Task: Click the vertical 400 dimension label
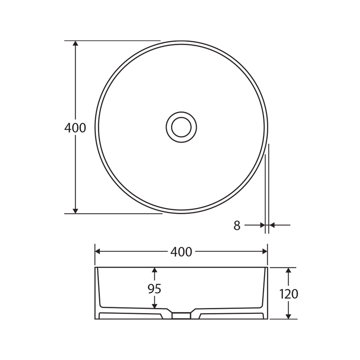pos(75,128)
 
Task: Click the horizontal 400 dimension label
pos(181,252)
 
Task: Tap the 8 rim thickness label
pos(237,226)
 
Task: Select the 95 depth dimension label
pos(154,289)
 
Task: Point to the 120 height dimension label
pos(289,294)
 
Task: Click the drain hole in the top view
pos(181,127)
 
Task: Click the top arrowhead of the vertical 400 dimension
pos(76,44)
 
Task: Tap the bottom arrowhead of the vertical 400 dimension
pos(76,211)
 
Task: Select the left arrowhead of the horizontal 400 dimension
pos(98,251)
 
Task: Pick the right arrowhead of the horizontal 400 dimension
pos(265,251)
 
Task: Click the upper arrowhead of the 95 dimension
pos(154,270)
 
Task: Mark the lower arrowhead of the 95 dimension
pos(154,306)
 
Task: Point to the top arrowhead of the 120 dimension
pos(289,270)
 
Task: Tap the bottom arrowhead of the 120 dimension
pos(289,316)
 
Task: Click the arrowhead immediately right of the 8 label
pos(262,225)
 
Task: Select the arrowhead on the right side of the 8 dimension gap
pos(272,225)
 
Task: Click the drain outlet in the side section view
pos(181,315)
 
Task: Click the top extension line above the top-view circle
pos(113,41)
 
